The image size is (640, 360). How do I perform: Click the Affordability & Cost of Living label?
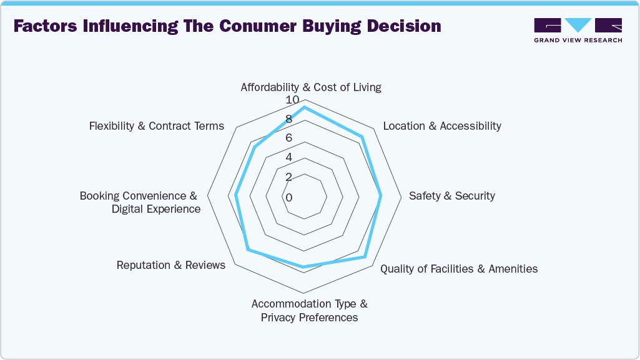(310, 87)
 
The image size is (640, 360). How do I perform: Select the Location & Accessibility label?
(441, 126)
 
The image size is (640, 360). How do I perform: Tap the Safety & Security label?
(451, 196)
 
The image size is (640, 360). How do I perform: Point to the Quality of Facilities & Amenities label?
(459, 269)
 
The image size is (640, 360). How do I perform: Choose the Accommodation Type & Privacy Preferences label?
(309, 311)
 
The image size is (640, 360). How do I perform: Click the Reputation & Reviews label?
(171, 265)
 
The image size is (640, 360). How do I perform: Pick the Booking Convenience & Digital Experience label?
(140, 202)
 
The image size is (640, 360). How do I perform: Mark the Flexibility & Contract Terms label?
(156, 126)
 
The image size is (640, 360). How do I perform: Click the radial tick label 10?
(292, 100)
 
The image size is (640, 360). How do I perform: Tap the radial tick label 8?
(289, 120)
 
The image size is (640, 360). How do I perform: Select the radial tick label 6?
(289, 139)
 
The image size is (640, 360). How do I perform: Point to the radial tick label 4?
(289, 158)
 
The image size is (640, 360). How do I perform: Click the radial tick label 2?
(289, 178)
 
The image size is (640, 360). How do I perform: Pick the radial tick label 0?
(289, 198)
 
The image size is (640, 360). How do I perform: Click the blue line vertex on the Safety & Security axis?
(382, 197)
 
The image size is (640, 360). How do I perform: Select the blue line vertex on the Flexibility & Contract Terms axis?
(255, 148)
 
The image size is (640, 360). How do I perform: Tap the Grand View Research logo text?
(578, 41)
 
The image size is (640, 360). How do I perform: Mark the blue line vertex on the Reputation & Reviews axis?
(248, 251)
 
